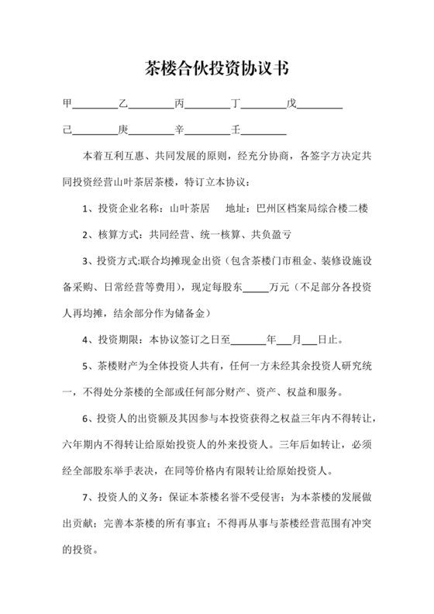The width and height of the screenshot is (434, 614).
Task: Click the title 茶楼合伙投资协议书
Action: coord(217,69)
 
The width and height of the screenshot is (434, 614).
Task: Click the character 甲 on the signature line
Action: coord(67,104)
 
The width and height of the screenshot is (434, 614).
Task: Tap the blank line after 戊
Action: coord(320,105)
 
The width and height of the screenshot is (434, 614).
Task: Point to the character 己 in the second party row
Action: coord(67,129)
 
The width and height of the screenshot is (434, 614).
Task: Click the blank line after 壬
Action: coord(264,131)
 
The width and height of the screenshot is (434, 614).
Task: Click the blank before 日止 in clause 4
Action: coord(308,342)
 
